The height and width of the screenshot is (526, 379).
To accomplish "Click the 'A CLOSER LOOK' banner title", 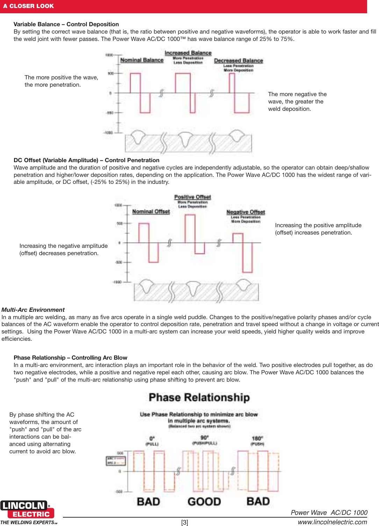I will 28,6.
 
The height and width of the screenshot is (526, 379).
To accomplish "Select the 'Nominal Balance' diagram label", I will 142,60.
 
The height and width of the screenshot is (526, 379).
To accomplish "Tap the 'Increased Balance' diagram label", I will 188,53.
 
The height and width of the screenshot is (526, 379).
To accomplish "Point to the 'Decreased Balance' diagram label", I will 238,60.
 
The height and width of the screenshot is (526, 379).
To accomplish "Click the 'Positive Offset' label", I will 192,197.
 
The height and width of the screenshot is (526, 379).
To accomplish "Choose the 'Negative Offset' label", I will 245,212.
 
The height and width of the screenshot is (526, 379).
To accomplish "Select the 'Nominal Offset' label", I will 151,211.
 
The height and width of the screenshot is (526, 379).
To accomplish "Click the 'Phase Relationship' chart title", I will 199,397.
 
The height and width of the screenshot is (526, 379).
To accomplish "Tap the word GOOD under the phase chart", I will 204,502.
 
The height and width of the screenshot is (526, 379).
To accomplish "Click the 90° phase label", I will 205,438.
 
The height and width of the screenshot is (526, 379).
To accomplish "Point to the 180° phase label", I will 257,438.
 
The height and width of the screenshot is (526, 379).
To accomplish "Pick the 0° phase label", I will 152,438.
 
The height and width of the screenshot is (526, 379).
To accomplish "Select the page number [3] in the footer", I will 185,522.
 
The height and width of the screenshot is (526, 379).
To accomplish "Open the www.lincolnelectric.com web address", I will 332,522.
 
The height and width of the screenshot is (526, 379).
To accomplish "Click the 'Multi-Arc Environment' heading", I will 33,310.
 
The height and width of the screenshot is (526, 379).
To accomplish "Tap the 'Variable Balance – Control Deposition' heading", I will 66,24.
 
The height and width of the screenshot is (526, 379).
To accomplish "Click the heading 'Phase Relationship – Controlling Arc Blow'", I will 70,358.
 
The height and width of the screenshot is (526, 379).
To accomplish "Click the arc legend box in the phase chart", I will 116,461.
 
